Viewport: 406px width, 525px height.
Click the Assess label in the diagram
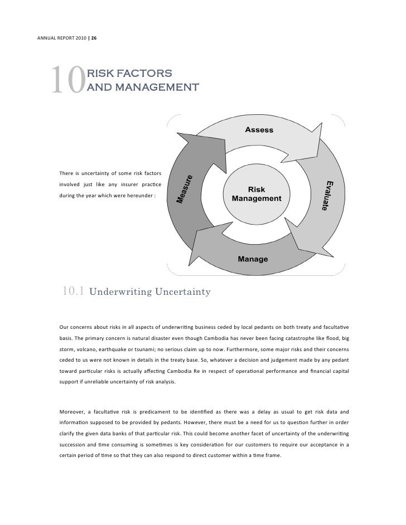click(259, 129)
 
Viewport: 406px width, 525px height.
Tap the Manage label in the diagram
click(253, 259)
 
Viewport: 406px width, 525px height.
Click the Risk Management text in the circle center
click(257, 194)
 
